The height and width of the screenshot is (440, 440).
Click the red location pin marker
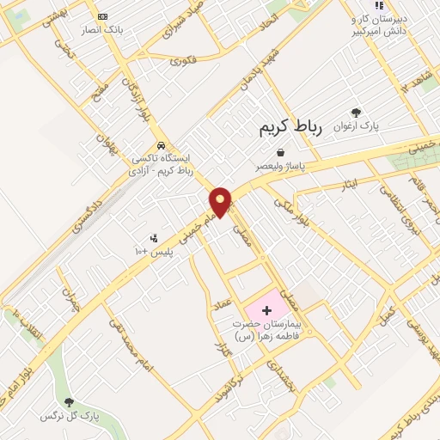click(x=221, y=201)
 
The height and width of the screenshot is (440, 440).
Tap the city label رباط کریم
click(x=290, y=129)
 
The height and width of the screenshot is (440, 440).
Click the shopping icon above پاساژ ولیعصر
click(x=281, y=151)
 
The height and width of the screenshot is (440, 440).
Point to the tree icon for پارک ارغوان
click(x=356, y=112)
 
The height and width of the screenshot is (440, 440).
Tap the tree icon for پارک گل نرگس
click(x=69, y=402)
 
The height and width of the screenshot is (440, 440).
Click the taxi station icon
click(x=161, y=145)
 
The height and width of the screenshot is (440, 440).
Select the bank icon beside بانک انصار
click(x=103, y=16)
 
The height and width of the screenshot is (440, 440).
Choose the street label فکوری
click(x=183, y=60)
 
